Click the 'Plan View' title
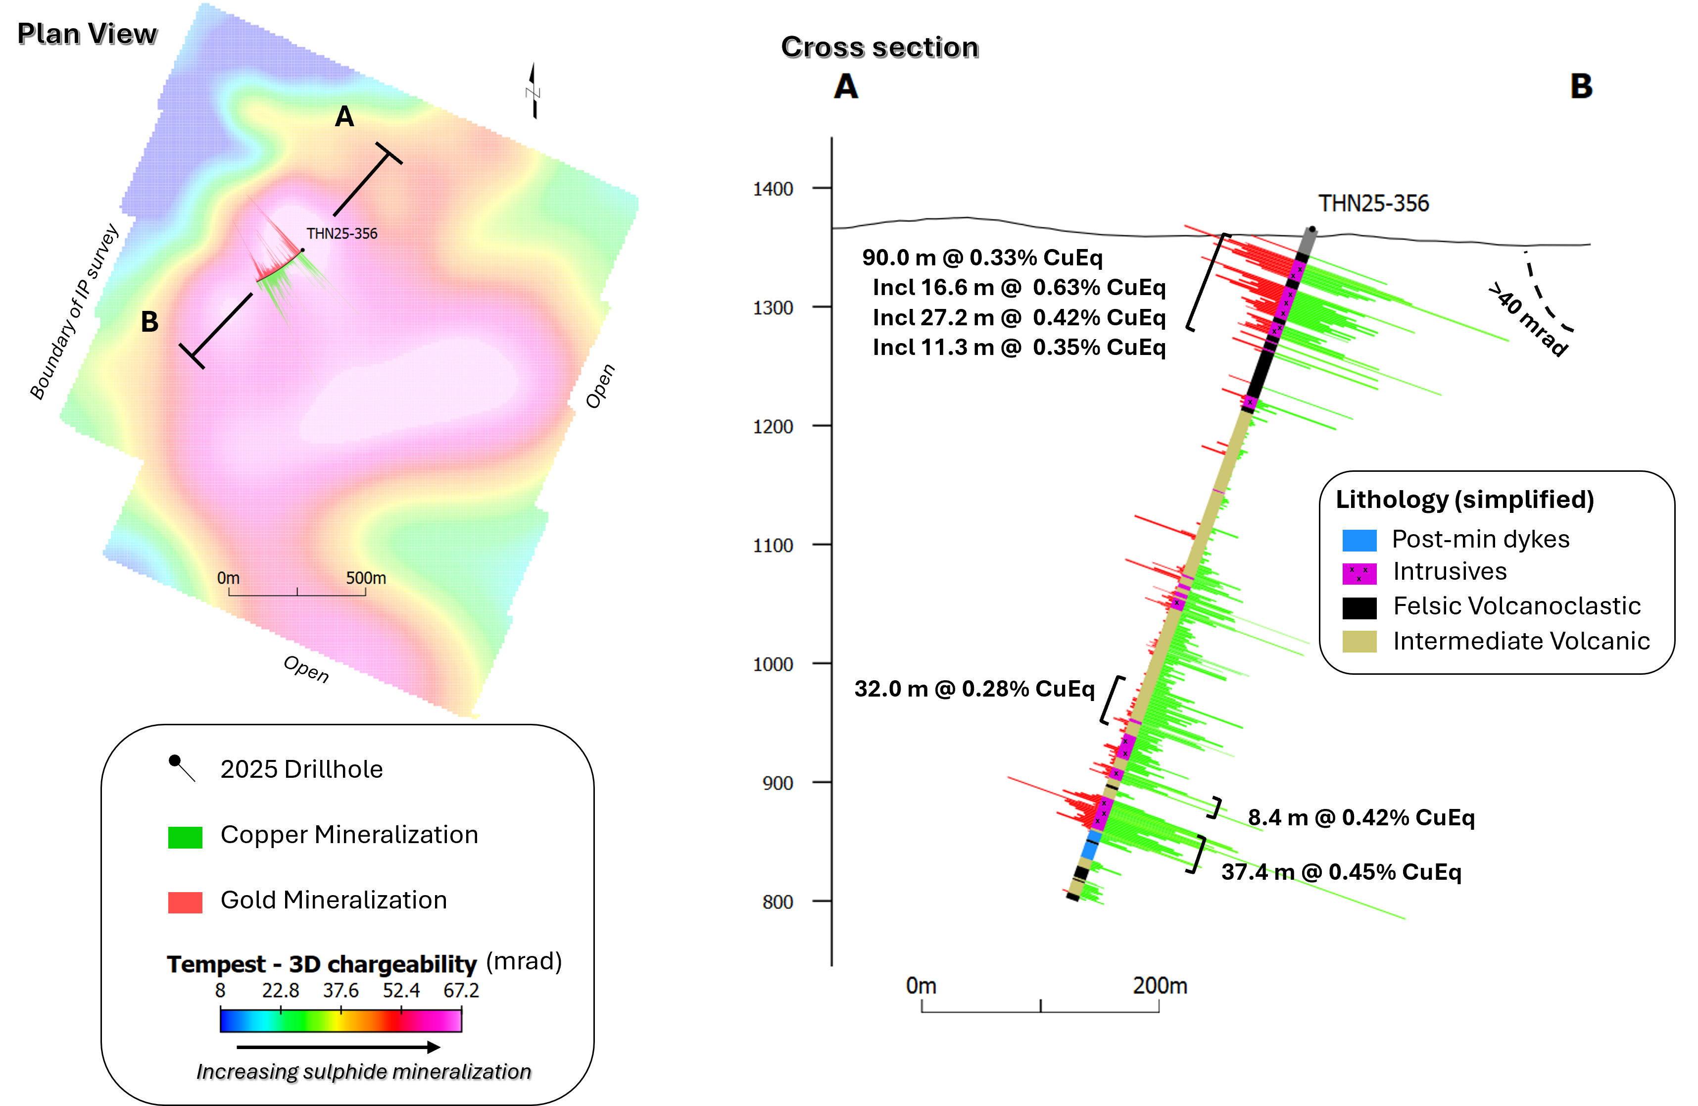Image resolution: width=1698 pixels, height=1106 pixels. pyautogui.click(x=87, y=34)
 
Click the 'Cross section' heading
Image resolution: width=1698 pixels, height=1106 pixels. pyautogui.click(x=879, y=47)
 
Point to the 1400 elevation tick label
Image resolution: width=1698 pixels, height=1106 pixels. pyautogui.click(x=773, y=189)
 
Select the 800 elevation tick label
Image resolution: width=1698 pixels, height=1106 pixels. pyautogui.click(x=777, y=902)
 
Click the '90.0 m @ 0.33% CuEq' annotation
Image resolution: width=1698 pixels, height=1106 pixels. pyautogui.click(x=982, y=257)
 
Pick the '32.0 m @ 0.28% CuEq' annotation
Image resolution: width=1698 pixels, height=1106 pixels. pyautogui.click(x=974, y=689)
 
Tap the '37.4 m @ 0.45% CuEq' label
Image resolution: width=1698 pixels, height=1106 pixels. pyautogui.click(x=1341, y=872)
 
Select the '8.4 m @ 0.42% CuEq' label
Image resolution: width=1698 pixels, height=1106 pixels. pyautogui.click(x=1360, y=817)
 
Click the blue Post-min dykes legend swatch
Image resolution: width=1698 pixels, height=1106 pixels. pyautogui.click(x=1359, y=540)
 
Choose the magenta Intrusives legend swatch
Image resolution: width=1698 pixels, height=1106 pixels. pyautogui.click(x=1359, y=573)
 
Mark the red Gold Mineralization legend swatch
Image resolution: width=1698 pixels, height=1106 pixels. pyautogui.click(x=185, y=902)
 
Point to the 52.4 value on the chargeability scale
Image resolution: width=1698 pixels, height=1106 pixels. pyautogui.click(x=401, y=991)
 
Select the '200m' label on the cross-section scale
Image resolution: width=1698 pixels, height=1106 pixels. pyautogui.click(x=1160, y=985)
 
